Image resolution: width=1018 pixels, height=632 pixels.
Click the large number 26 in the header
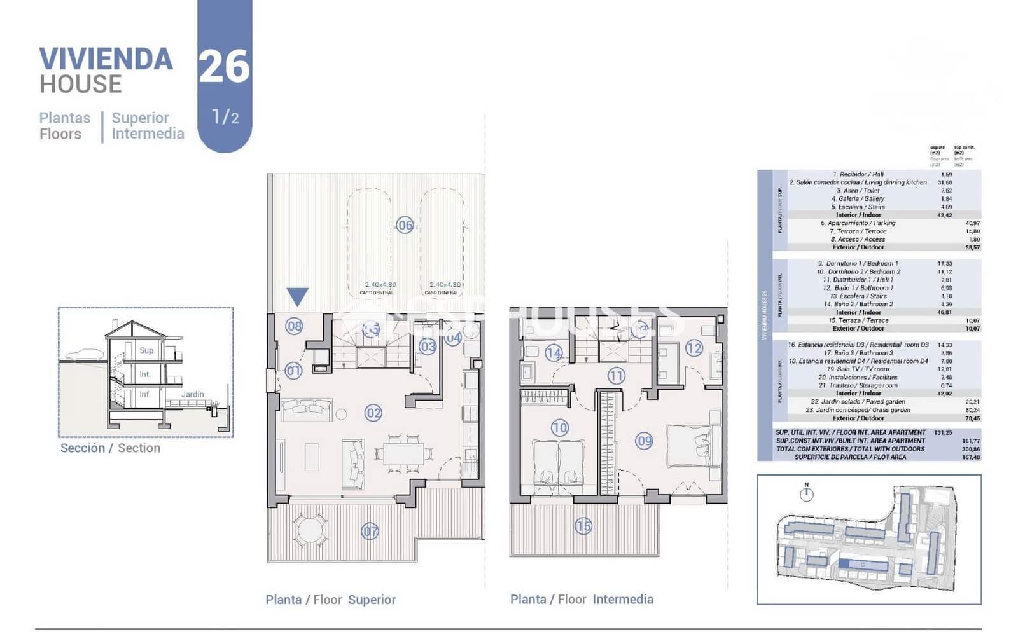[x=224, y=67]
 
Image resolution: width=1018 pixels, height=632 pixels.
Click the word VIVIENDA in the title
[x=106, y=59]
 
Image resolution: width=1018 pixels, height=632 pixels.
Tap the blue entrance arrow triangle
[x=297, y=296]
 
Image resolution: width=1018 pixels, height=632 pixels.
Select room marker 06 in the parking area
[x=405, y=224]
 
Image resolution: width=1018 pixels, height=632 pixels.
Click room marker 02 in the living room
[x=373, y=413]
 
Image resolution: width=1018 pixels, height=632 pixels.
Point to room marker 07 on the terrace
[x=370, y=531]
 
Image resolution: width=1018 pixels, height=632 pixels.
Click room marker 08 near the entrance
[x=294, y=327]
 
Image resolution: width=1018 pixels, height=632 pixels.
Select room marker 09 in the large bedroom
[x=644, y=441]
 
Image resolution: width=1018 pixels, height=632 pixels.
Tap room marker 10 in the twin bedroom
[x=559, y=428]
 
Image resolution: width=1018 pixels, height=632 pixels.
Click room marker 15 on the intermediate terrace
[x=583, y=526]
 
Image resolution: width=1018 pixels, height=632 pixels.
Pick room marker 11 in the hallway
[x=615, y=376]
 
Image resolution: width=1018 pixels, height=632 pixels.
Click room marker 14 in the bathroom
[x=554, y=353]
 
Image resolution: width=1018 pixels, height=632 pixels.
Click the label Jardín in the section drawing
[x=193, y=394]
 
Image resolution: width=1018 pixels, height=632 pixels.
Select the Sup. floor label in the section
[x=147, y=350]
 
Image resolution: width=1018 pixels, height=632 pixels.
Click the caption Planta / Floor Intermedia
[x=581, y=600]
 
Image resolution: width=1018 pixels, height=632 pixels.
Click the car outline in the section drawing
[x=83, y=354]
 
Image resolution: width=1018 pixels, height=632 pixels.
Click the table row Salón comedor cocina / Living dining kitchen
[x=858, y=182]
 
